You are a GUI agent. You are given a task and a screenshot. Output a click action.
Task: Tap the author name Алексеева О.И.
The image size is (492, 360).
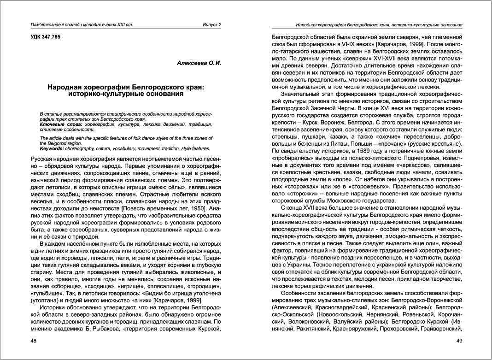click(x=199, y=63)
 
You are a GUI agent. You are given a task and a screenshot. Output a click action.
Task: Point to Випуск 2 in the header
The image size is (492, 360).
click(x=212, y=24)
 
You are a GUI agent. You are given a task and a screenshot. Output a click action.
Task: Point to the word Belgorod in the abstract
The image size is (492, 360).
click(x=56, y=143)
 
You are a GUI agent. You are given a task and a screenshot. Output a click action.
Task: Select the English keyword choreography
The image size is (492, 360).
click(x=83, y=148)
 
